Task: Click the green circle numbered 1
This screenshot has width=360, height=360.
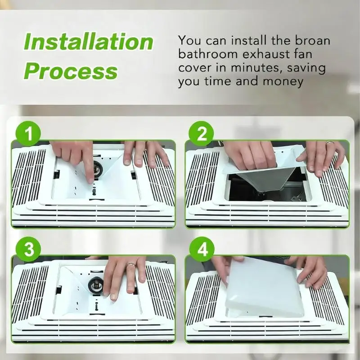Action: point(28,134)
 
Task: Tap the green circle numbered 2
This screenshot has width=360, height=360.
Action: point(201,134)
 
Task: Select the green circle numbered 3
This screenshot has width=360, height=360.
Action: point(28,249)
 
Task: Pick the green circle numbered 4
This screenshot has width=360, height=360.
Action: point(202,249)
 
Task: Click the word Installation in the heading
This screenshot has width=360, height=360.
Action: point(88,41)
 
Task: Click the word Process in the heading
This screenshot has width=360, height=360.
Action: point(71,71)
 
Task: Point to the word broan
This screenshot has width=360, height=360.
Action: point(312,40)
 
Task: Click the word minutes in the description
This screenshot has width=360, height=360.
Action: point(256,68)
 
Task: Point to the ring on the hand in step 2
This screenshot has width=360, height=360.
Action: point(330,143)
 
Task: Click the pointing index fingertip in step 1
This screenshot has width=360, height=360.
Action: point(91,181)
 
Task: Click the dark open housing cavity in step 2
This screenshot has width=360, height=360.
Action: point(266,188)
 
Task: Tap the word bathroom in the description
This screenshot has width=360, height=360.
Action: point(208,54)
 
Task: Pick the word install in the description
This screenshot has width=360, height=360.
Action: point(249,40)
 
